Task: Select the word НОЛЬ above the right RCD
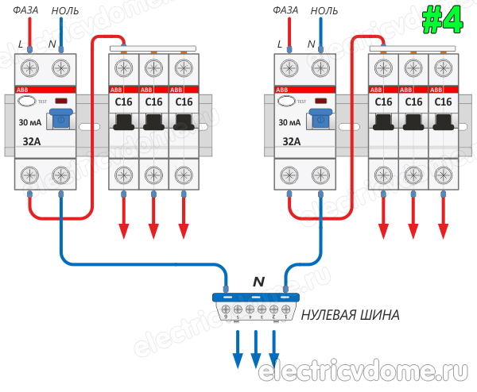pyautogui.click(x=324, y=10)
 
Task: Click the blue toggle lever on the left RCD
pyautogui.click(x=60, y=120)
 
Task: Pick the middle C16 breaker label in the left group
pyautogui.click(x=153, y=102)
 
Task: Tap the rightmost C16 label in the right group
pyautogui.click(x=443, y=102)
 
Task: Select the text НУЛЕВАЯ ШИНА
pyautogui.click(x=350, y=315)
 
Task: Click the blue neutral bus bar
pyautogui.click(x=254, y=298)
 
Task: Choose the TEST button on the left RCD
pyautogui.click(x=25, y=102)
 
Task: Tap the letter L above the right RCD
pyautogui.click(x=280, y=44)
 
